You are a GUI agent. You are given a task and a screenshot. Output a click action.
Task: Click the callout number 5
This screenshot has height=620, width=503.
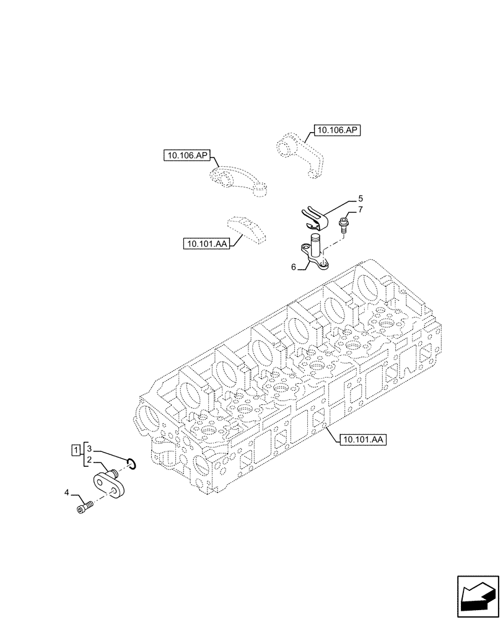(360, 199)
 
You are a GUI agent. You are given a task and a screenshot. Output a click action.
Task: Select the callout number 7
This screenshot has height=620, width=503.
(360, 210)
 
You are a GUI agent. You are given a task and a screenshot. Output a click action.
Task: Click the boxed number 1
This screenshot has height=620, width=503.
(76, 448)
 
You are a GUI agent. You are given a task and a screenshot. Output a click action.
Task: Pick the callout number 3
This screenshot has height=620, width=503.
(89, 448)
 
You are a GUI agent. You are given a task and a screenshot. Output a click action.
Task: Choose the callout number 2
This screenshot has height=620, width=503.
(89, 460)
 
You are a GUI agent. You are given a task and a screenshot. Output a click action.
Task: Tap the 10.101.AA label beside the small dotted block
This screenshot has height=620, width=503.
(206, 244)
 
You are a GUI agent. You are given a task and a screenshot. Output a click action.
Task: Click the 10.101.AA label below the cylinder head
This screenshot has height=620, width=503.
(364, 440)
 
